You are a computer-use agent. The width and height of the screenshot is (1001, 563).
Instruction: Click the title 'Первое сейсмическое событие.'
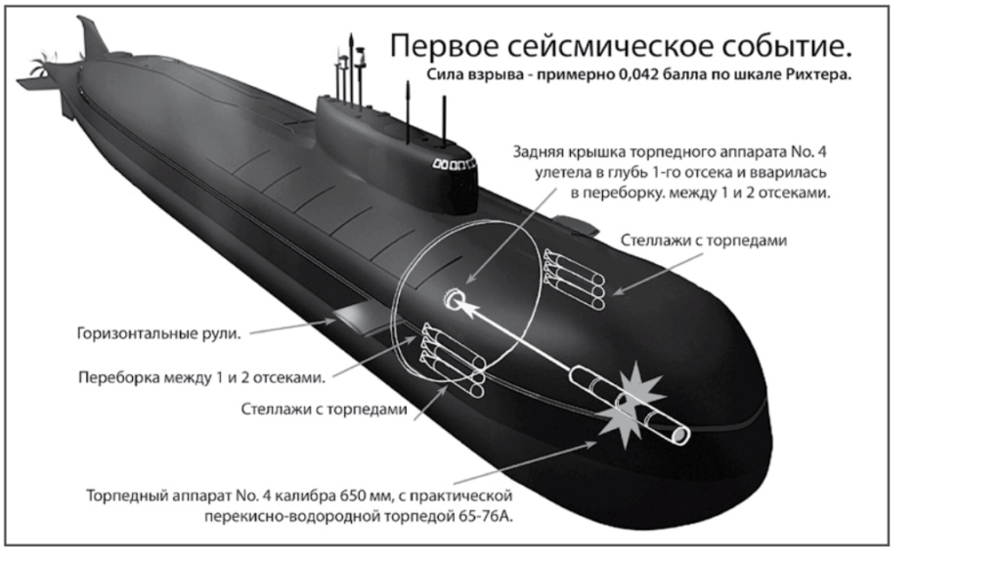[x=621, y=47]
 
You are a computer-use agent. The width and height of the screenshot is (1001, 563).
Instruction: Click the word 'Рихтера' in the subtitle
[x=819, y=74]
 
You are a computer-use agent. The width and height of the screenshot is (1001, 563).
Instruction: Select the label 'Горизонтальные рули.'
[x=159, y=333]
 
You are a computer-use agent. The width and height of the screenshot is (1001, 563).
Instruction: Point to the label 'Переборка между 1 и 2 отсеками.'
[x=201, y=377]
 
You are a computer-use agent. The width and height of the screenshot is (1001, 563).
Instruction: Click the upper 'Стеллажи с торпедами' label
[x=704, y=240]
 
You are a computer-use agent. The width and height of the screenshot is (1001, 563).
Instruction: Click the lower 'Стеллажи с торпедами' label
[x=324, y=409]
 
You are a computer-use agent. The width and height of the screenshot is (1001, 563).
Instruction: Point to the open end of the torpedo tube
[x=680, y=435]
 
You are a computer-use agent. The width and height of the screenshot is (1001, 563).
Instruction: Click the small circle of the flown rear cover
[x=454, y=299]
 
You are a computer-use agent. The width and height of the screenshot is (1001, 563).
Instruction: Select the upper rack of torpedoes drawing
[x=574, y=278]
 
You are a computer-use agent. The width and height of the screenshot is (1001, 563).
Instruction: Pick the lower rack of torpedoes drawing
[x=453, y=360]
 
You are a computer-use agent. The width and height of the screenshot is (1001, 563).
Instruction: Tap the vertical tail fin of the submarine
[x=92, y=37]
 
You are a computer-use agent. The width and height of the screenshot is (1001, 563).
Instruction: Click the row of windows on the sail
[x=454, y=164]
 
